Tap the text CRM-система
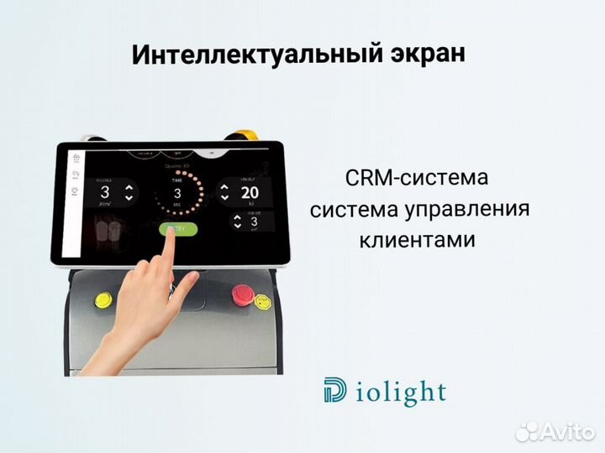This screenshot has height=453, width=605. (x=416, y=179)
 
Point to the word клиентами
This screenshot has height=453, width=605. (x=417, y=240)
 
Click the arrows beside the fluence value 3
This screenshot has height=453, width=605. (x=129, y=192)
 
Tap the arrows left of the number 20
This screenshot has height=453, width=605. (x=224, y=191)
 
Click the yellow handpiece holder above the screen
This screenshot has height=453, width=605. (x=244, y=134)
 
